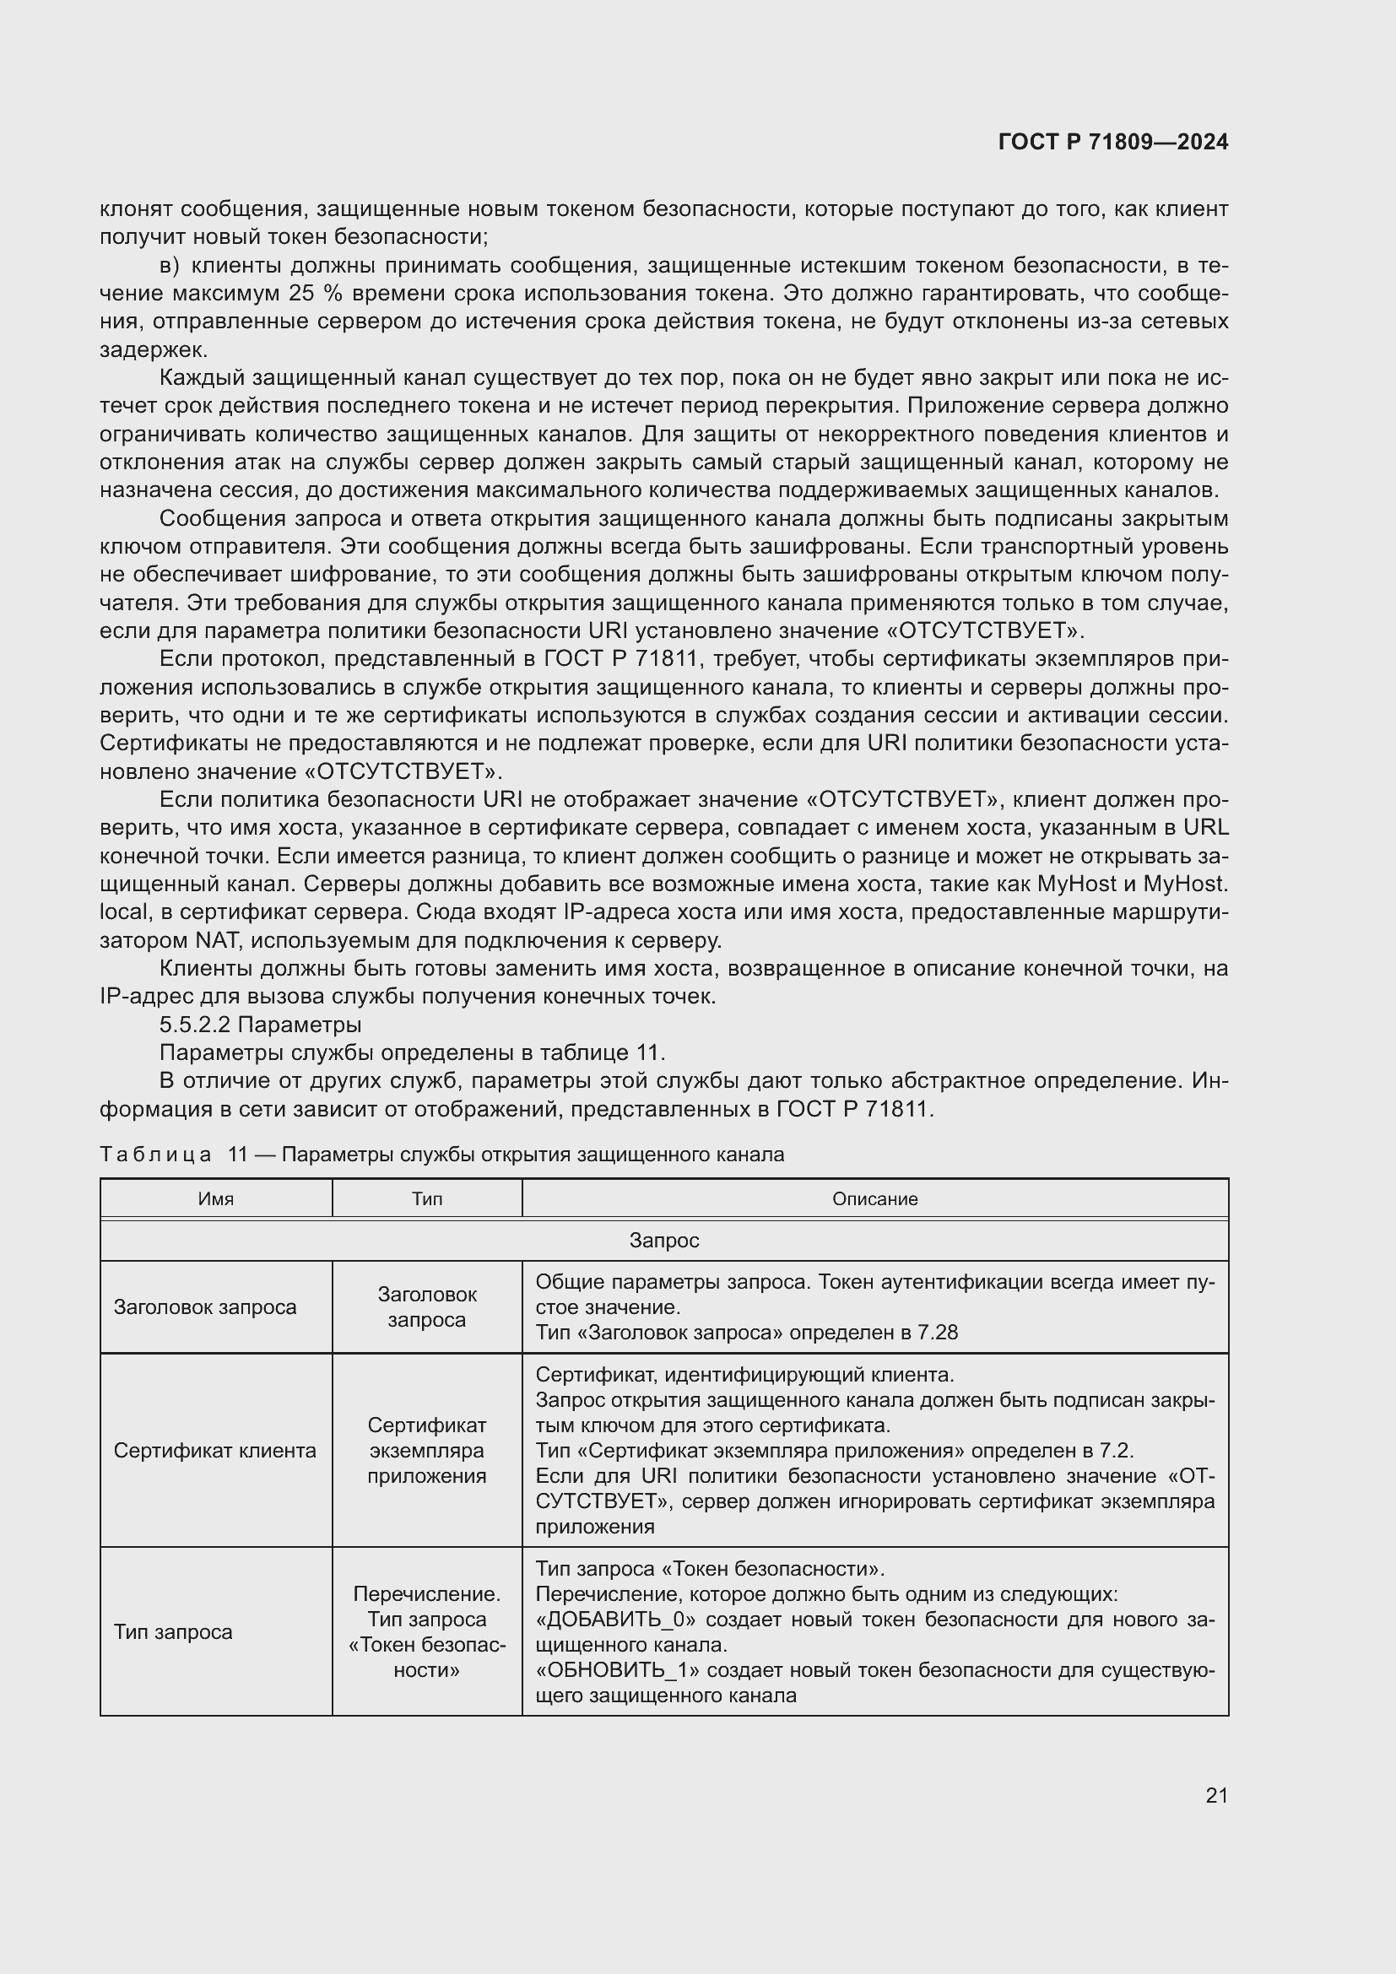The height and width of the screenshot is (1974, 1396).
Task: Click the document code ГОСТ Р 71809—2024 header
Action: click(x=1112, y=143)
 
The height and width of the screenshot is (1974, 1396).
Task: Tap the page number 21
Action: click(x=1216, y=1795)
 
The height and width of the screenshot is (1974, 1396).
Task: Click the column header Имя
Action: click(x=216, y=1198)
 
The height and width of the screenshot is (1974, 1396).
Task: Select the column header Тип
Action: click(x=426, y=1198)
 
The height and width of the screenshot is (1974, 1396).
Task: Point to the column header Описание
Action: click(x=874, y=1198)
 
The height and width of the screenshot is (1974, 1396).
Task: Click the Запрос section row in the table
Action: click(x=663, y=1240)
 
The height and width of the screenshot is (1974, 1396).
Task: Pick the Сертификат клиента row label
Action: click(x=215, y=1452)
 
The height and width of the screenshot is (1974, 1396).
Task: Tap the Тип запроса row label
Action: click(x=173, y=1632)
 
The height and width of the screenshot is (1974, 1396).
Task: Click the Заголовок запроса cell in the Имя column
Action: click(x=204, y=1306)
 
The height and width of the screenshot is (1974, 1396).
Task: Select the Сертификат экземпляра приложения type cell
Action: click(x=426, y=1452)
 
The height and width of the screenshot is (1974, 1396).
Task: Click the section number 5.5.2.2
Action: click(x=195, y=1025)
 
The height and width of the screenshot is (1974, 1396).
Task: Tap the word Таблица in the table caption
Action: click(x=155, y=1155)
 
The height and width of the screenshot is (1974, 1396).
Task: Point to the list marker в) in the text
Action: click(x=170, y=266)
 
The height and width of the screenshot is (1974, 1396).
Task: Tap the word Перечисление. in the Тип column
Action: click(x=426, y=1594)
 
